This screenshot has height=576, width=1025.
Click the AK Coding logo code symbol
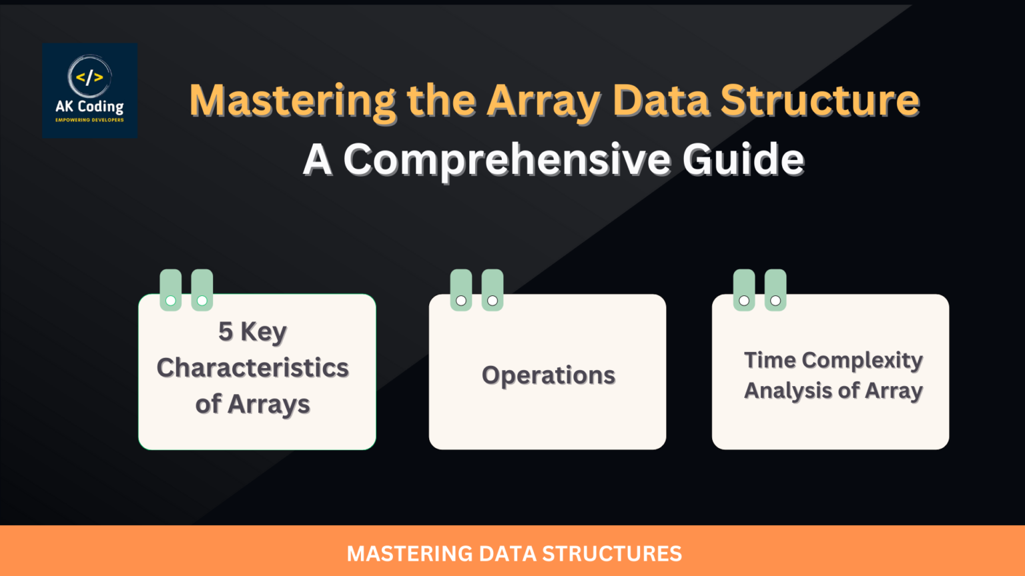[x=89, y=77]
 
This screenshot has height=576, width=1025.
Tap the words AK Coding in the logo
[x=89, y=106]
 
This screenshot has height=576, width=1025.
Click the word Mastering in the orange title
[x=292, y=101]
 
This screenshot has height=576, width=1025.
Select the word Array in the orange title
[x=543, y=102]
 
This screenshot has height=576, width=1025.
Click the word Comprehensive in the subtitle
[x=506, y=160]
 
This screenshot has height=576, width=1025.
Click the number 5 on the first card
[x=226, y=331]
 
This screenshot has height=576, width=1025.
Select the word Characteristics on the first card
[x=252, y=368]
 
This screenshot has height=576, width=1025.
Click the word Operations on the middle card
[x=548, y=375]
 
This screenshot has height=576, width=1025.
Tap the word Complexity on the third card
[x=862, y=360]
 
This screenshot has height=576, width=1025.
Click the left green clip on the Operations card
[x=461, y=290]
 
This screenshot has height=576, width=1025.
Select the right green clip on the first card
[x=202, y=290]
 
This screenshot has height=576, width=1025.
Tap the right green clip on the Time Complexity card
[x=775, y=290]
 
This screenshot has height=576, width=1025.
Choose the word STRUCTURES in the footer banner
[x=612, y=554]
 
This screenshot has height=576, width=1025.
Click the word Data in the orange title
[x=661, y=101]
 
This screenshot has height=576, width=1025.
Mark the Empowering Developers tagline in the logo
[x=89, y=120]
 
